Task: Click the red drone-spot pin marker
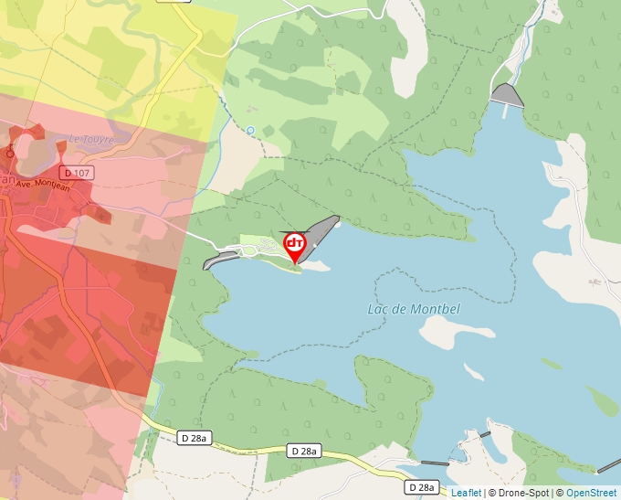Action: [x=294, y=245]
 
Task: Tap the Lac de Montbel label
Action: [x=414, y=309]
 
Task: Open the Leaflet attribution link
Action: [x=466, y=493]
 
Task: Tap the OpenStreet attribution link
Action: [x=592, y=493]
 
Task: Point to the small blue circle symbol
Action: [x=250, y=131]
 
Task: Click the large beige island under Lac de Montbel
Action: [x=447, y=332]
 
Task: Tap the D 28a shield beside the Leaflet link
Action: [x=422, y=487]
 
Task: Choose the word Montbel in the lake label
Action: [x=435, y=309]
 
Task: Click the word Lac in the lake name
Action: [x=378, y=309]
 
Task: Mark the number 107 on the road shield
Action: [x=82, y=173]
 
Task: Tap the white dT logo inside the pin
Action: [x=294, y=243]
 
